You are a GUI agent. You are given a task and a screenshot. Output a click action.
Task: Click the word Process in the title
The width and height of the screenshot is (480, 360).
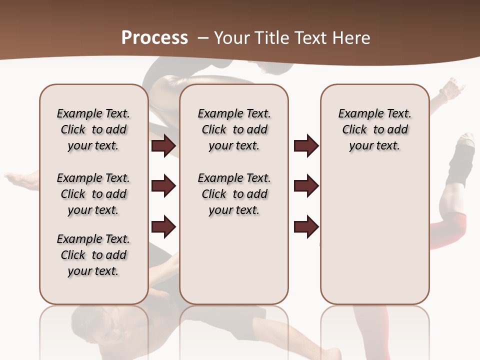coord(154,37)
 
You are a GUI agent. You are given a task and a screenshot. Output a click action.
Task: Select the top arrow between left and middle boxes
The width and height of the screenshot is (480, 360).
coord(163,146)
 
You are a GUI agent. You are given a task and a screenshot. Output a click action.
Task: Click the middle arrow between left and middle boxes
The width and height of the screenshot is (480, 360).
coord(163,186)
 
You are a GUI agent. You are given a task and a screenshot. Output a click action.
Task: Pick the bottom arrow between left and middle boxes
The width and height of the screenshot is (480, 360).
coord(163,226)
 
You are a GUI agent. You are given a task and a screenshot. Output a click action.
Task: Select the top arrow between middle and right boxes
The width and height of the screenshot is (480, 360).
coord(306,146)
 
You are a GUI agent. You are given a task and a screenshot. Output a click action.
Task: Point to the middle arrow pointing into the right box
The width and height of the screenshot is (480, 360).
coord(306,186)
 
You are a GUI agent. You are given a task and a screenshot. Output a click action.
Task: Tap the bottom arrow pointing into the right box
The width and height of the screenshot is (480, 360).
coord(306,226)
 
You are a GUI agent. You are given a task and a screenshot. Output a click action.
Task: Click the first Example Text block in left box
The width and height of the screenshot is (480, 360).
coord(93,129)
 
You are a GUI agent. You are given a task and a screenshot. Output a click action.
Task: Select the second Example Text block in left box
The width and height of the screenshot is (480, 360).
coord(93,194)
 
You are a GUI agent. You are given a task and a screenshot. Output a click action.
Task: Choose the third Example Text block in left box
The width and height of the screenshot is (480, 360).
coord(93,255)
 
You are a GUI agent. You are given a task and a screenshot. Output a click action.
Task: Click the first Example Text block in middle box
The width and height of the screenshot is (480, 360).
coord(234,129)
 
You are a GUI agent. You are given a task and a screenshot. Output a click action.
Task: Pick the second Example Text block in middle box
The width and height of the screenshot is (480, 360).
coord(234,194)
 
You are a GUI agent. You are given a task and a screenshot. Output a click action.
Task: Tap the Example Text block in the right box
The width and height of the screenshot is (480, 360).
coord(374,129)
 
